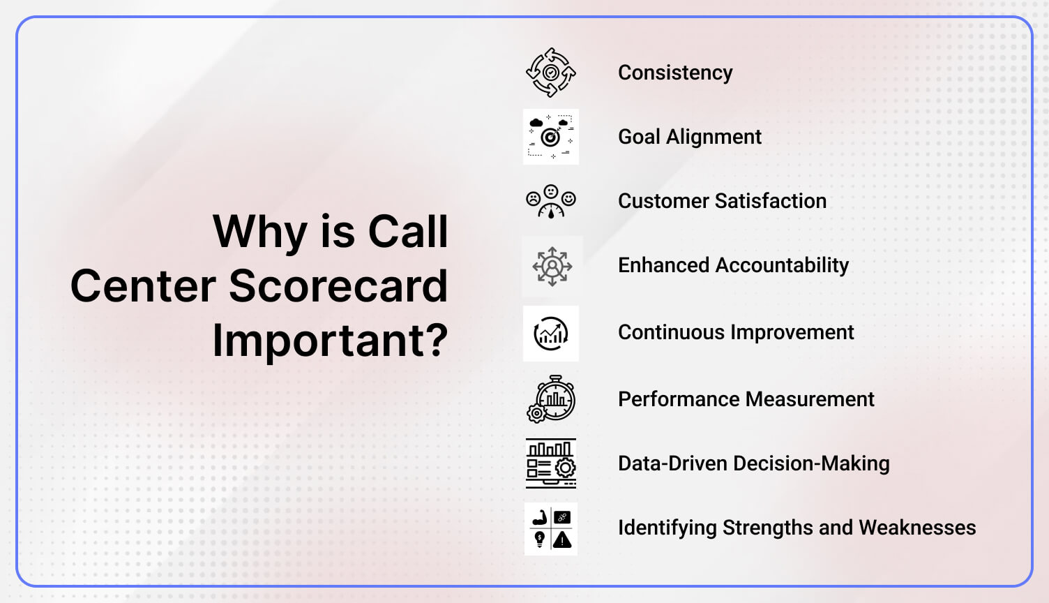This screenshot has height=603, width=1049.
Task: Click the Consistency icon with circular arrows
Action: pyautogui.click(x=551, y=73)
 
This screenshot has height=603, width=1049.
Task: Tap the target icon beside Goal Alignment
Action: pyautogui.click(x=551, y=137)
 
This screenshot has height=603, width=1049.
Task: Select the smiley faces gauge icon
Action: pyautogui.click(x=551, y=201)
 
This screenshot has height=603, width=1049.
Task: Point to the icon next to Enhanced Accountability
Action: pyautogui.click(x=552, y=266)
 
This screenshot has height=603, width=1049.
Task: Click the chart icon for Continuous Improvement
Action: pyautogui.click(x=551, y=334)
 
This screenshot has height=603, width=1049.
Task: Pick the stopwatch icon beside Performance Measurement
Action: pyautogui.click(x=551, y=399)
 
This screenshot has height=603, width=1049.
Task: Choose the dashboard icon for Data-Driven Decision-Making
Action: pyautogui.click(x=551, y=463)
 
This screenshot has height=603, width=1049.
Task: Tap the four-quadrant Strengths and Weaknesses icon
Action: pyautogui.click(x=551, y=529)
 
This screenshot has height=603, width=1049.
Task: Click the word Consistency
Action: pyautogui.click(x=675, y=73)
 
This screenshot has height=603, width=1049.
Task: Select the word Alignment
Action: pyautogui.click(x=714, y=137)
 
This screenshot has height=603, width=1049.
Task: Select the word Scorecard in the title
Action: pyautogui.click(x=338, y=286)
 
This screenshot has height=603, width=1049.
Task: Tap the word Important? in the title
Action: pyautogui.click(x=330, y=341)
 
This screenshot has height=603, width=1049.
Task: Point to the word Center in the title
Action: pyautogui.click(x=143, y=286)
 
